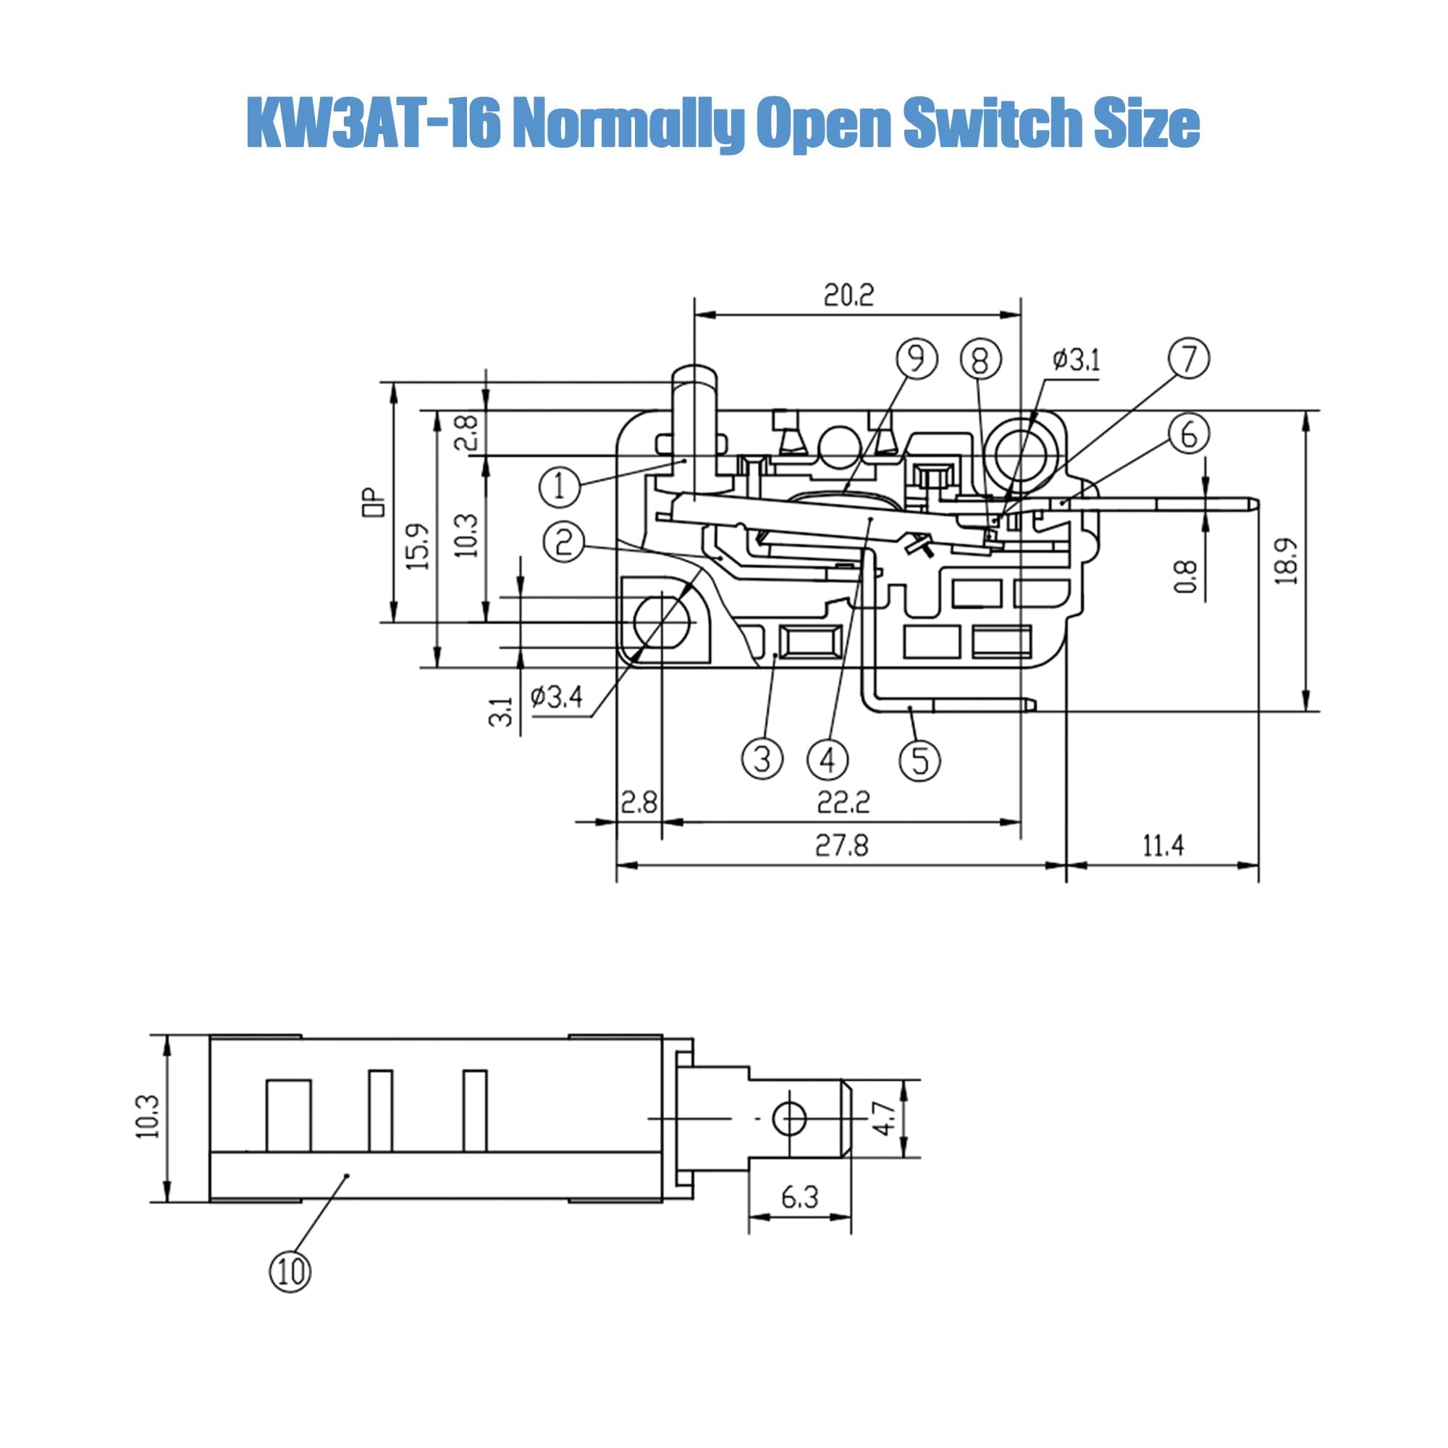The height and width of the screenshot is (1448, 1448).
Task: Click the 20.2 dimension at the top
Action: point(849,295)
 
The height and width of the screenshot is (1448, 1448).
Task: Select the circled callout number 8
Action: point(980,361)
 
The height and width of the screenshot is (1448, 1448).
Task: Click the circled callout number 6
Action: point(1189,434)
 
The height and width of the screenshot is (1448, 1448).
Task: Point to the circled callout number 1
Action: point(560,488)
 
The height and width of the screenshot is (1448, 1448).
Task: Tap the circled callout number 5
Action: point(919,760)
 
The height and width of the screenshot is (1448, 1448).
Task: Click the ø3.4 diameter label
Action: point(556,698)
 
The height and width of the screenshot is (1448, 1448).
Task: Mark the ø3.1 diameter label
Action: point(1077,361)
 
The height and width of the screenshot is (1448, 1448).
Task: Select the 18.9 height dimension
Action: point(1287,560)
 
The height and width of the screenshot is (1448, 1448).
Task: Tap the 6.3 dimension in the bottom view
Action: point(799,1197)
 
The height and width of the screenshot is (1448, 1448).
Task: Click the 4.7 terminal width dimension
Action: point(886,1119)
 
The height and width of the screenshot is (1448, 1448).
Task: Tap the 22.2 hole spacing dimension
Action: point(843,803)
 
